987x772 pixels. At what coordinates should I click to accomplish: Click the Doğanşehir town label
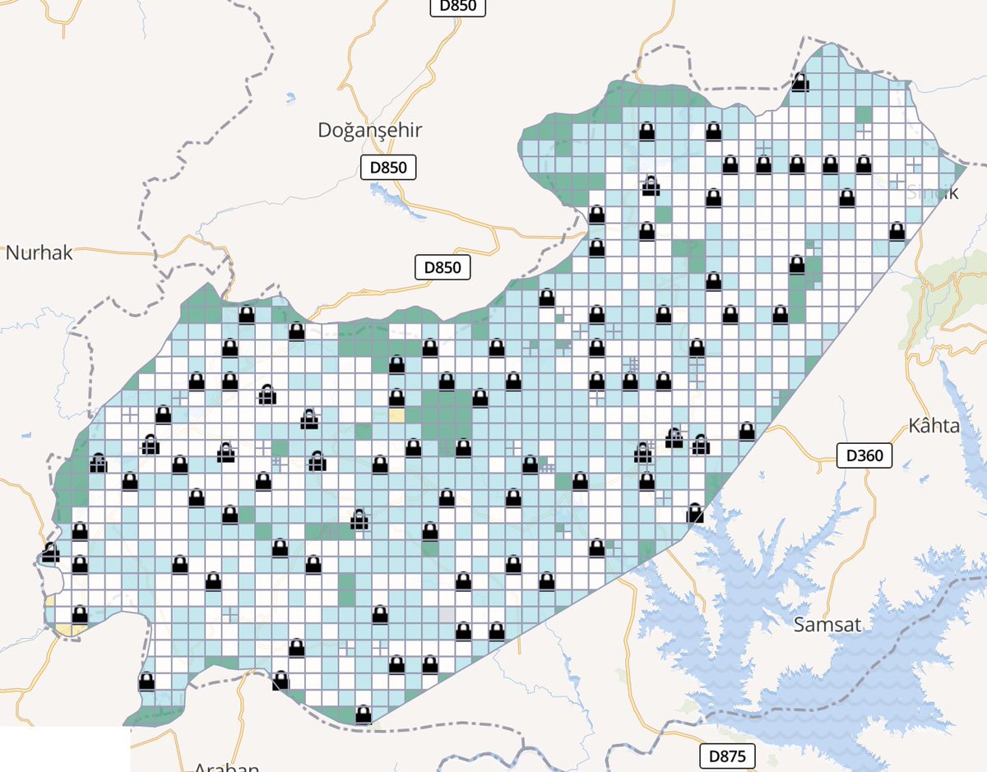(369, 130)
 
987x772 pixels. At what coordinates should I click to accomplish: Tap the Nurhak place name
(39, 252)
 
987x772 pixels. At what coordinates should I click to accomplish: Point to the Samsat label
(827, 625)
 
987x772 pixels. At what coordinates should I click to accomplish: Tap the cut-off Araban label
(226, 767)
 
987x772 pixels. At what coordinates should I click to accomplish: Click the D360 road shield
(864, 455)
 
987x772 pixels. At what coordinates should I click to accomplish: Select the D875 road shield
(728, 756)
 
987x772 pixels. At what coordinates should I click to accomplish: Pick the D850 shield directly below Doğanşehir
(388, 168)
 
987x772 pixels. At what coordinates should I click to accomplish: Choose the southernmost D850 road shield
(442, 267)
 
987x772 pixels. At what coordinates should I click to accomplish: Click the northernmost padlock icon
(800, 81)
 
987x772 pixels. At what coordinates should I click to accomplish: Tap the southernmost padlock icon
(363, 714)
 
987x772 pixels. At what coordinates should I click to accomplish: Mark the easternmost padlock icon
(897, 231)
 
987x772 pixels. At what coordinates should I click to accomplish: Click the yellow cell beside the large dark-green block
(396, 415)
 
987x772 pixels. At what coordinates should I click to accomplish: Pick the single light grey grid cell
(447, 614)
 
